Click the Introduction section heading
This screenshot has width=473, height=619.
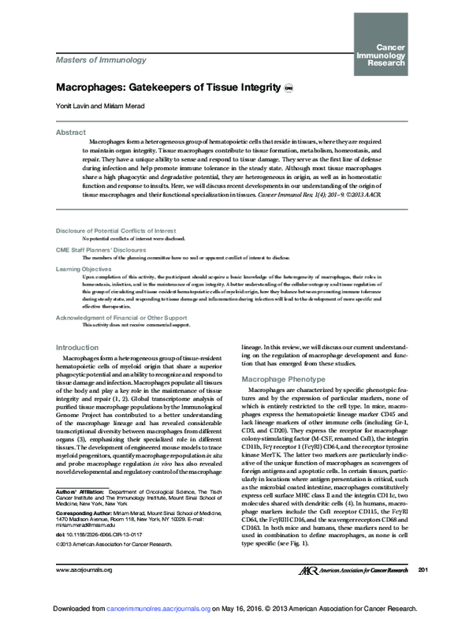tap(77, 348)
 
